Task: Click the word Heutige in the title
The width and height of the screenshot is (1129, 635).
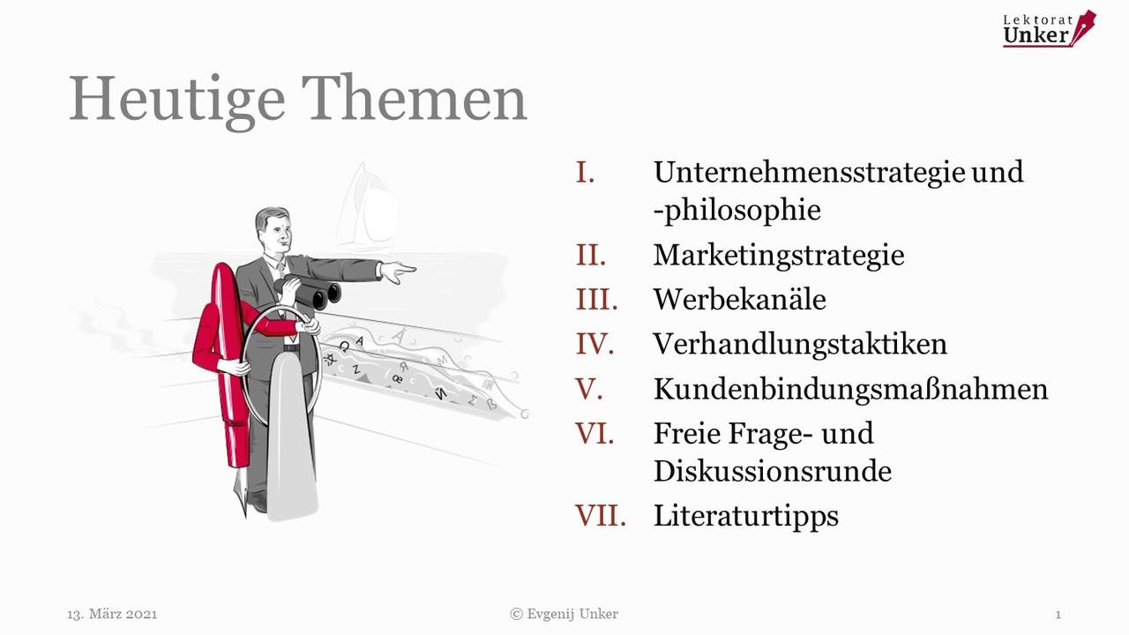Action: (177, 101)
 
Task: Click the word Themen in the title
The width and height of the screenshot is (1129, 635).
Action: (415, 98)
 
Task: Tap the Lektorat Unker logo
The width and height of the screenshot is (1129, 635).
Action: (1050, 29)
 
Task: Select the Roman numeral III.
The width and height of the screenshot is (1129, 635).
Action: (596, 299)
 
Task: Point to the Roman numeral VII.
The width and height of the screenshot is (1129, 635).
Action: (601, 516)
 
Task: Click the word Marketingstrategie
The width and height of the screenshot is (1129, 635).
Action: (779, 256)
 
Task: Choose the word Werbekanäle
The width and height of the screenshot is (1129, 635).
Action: (739, 299)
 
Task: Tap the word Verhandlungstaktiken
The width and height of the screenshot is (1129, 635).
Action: (800, 345)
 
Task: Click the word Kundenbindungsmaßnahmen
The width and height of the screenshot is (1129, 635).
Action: (851, 389)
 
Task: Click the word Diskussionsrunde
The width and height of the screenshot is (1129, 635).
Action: (773, 471)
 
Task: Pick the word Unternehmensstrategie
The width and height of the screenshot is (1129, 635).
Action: (810, 172)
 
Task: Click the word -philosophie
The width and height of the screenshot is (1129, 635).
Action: (736, 211)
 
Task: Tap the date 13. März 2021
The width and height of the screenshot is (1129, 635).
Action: (112, 615)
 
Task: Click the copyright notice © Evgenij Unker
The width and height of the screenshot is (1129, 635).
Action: (564, 615)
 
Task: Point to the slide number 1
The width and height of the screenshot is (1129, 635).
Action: (1058, 615)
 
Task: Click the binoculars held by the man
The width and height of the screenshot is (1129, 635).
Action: (309, 292)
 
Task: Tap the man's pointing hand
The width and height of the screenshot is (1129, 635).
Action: (398, 272)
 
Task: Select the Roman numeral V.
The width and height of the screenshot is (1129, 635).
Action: (588, 389)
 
